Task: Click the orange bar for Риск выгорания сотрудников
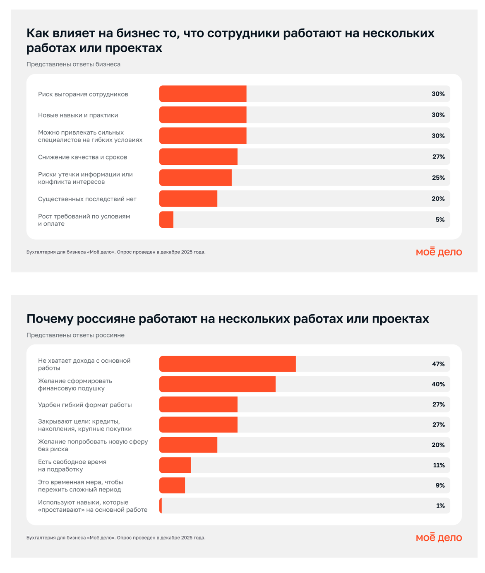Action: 203,94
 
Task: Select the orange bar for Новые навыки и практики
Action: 203,115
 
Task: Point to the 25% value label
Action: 438,178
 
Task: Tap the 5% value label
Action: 440,220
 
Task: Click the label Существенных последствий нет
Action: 87,199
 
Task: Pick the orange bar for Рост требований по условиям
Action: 166,220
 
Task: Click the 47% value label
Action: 438,364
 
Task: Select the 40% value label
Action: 438,384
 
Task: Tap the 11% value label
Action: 439,465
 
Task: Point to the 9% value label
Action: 440,485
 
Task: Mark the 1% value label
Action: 440,506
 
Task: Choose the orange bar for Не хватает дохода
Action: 228,364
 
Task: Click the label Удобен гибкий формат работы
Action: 85,405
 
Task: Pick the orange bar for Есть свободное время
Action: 175,465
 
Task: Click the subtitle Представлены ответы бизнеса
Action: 73,64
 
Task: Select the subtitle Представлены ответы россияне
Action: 75,335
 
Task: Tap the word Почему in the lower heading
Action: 52,319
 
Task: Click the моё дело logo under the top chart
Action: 439,252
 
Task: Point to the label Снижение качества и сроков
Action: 83,157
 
